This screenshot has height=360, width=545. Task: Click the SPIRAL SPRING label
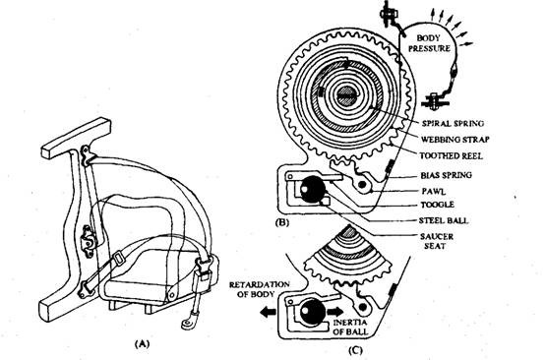(x=453, y=123)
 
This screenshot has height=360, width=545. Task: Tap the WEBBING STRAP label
(x=454, y=140)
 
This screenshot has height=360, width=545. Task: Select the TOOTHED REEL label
(x=452, y=156)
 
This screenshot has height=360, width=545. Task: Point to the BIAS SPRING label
(x=447, y=175)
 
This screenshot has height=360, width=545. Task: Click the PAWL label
(x=434, y=192)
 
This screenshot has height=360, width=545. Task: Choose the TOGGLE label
(x=437, y=205)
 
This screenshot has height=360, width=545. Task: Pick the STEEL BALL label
(x=444, y=220)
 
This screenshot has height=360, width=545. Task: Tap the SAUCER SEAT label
(x=437, y=241)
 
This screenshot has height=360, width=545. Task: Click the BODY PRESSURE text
(x=429, y=43)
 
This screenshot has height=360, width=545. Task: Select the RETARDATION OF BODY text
(x=259, y=289)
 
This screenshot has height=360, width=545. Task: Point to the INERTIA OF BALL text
(x=350, y=327)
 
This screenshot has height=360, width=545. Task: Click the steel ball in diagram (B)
(x=313, y=189)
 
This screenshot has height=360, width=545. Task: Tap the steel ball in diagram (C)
(x=313, y=312)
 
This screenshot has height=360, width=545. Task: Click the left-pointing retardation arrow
(x=269, y=312)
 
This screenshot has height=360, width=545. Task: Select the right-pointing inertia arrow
(x=335, y=311)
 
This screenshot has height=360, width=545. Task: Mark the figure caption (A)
(x=143, y=343)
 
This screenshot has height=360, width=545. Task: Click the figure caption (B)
(x=282, y=222)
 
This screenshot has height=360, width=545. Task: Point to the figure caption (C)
(x=355, y=350)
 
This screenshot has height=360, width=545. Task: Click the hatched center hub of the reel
(x=346, y=94)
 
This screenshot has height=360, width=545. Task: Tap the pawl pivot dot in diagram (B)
(x=362, y=184)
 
